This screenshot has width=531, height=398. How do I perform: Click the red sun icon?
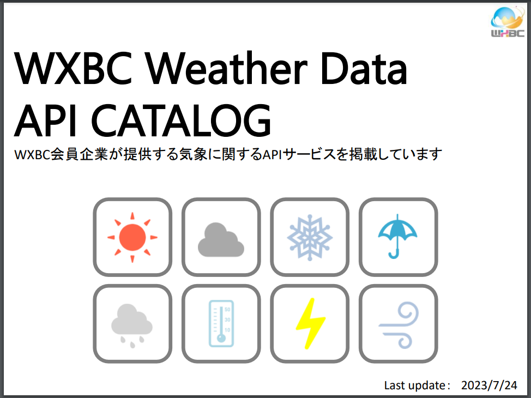click(132, 237)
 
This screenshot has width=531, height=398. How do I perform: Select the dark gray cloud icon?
click(220, 240)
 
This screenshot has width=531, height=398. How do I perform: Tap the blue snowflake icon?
click(310, 237)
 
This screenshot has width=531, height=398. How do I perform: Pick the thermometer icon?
click(221, 324)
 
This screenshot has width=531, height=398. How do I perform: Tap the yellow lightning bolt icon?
click(310, 324)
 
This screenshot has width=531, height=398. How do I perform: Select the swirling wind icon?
click(399, 325)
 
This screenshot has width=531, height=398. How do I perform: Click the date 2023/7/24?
click(489, 385)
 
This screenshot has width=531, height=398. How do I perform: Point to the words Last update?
click(415, 385)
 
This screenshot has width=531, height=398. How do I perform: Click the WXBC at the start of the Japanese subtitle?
click(32, 155)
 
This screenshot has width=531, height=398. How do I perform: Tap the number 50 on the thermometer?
click(227, 309)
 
